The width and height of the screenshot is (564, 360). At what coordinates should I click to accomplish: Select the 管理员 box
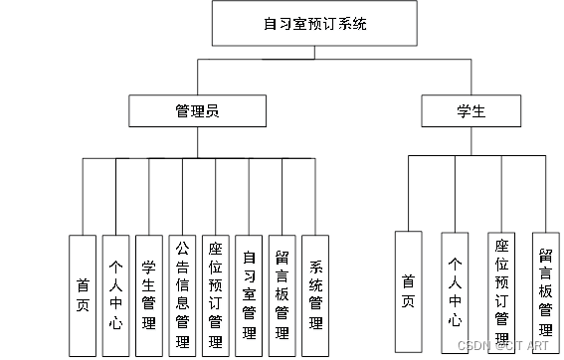196,110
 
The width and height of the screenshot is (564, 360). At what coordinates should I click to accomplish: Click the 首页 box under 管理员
83,294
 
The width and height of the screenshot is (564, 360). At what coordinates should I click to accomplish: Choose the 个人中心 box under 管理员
115,294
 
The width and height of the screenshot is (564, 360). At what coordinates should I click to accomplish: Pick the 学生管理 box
148,294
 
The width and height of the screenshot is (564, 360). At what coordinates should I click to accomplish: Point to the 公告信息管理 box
182,294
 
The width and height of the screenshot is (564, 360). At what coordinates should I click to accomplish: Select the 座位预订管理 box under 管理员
215,294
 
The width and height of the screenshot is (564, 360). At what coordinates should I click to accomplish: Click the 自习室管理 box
248,294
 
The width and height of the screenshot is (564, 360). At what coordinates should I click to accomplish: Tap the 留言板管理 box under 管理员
282,294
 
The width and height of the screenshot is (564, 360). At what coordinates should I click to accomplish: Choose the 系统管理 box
314,294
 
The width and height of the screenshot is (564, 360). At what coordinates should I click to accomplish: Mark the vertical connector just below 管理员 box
196,142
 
